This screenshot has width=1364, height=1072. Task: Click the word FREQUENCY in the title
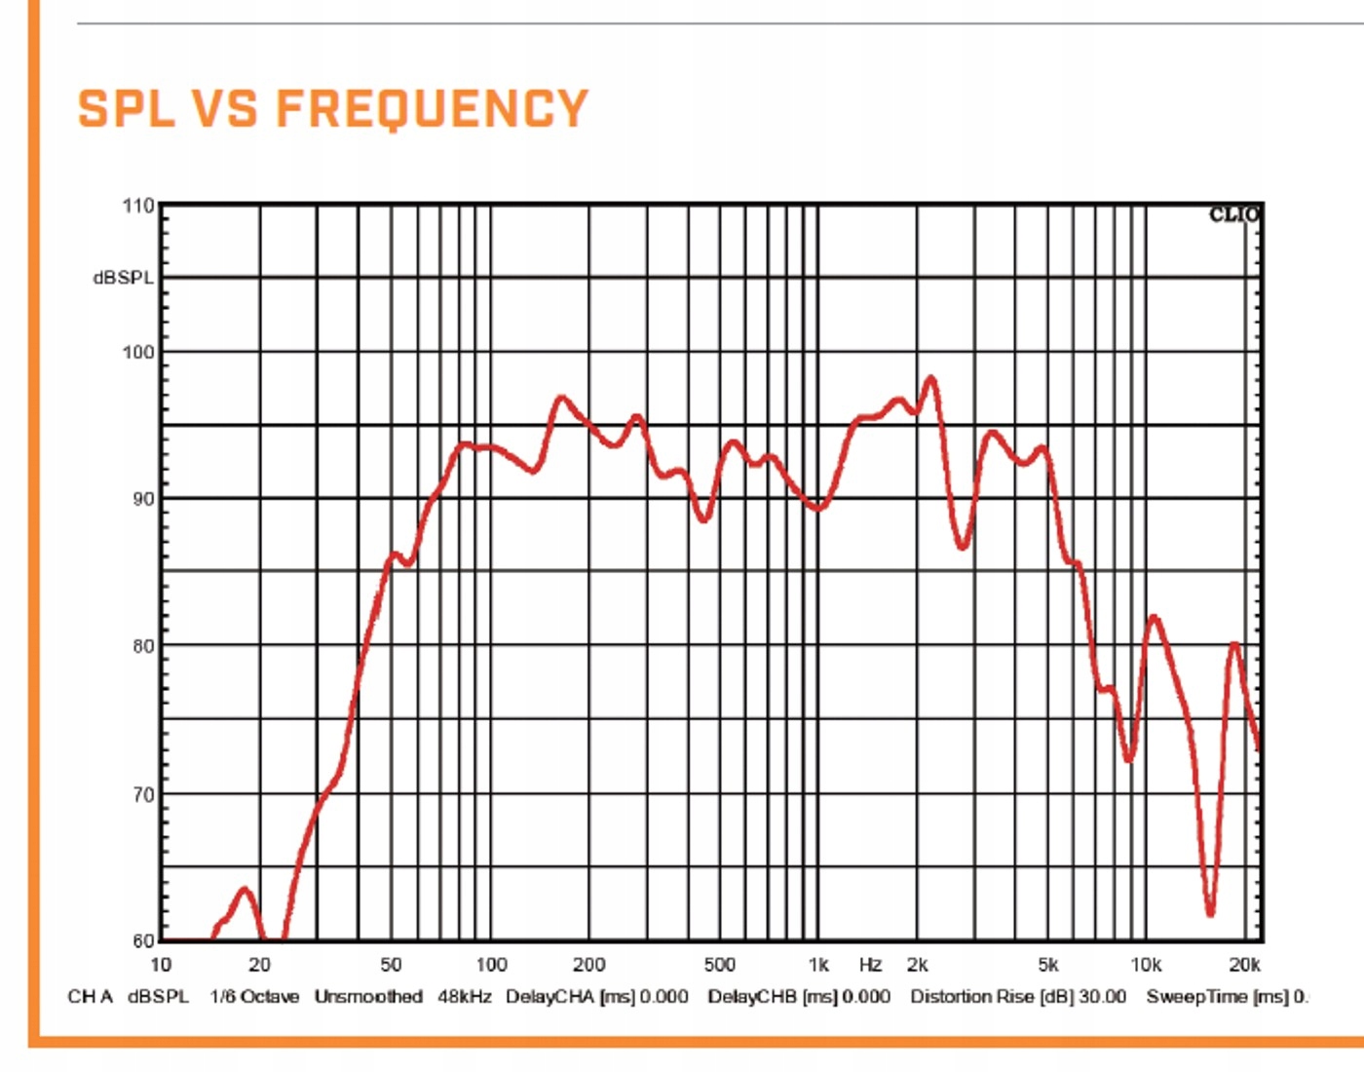432,108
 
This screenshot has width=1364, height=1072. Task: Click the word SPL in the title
126,108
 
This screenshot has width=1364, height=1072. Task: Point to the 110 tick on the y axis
138,206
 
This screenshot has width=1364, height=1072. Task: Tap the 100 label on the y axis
138,352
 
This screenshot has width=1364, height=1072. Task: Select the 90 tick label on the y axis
142,499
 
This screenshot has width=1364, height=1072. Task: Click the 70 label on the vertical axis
142,794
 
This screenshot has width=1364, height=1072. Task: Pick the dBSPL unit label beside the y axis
123,278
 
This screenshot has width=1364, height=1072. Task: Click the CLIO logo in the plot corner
1233,215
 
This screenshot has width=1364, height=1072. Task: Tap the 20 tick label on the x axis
259,965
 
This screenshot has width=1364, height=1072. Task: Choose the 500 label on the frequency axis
719,965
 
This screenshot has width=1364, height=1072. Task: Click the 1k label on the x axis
818,965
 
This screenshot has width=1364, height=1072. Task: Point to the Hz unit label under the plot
870,965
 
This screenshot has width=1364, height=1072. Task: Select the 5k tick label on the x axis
1048,965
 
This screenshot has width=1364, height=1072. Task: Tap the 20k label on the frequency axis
1244,965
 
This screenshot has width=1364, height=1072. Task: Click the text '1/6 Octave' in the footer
254,997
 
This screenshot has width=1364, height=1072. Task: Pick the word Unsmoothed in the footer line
368,997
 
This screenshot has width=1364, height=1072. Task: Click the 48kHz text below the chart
465,997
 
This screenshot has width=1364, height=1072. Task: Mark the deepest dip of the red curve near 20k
1210,913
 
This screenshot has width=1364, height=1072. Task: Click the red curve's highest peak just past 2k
931,378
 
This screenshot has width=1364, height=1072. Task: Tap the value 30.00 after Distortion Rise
1102,997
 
